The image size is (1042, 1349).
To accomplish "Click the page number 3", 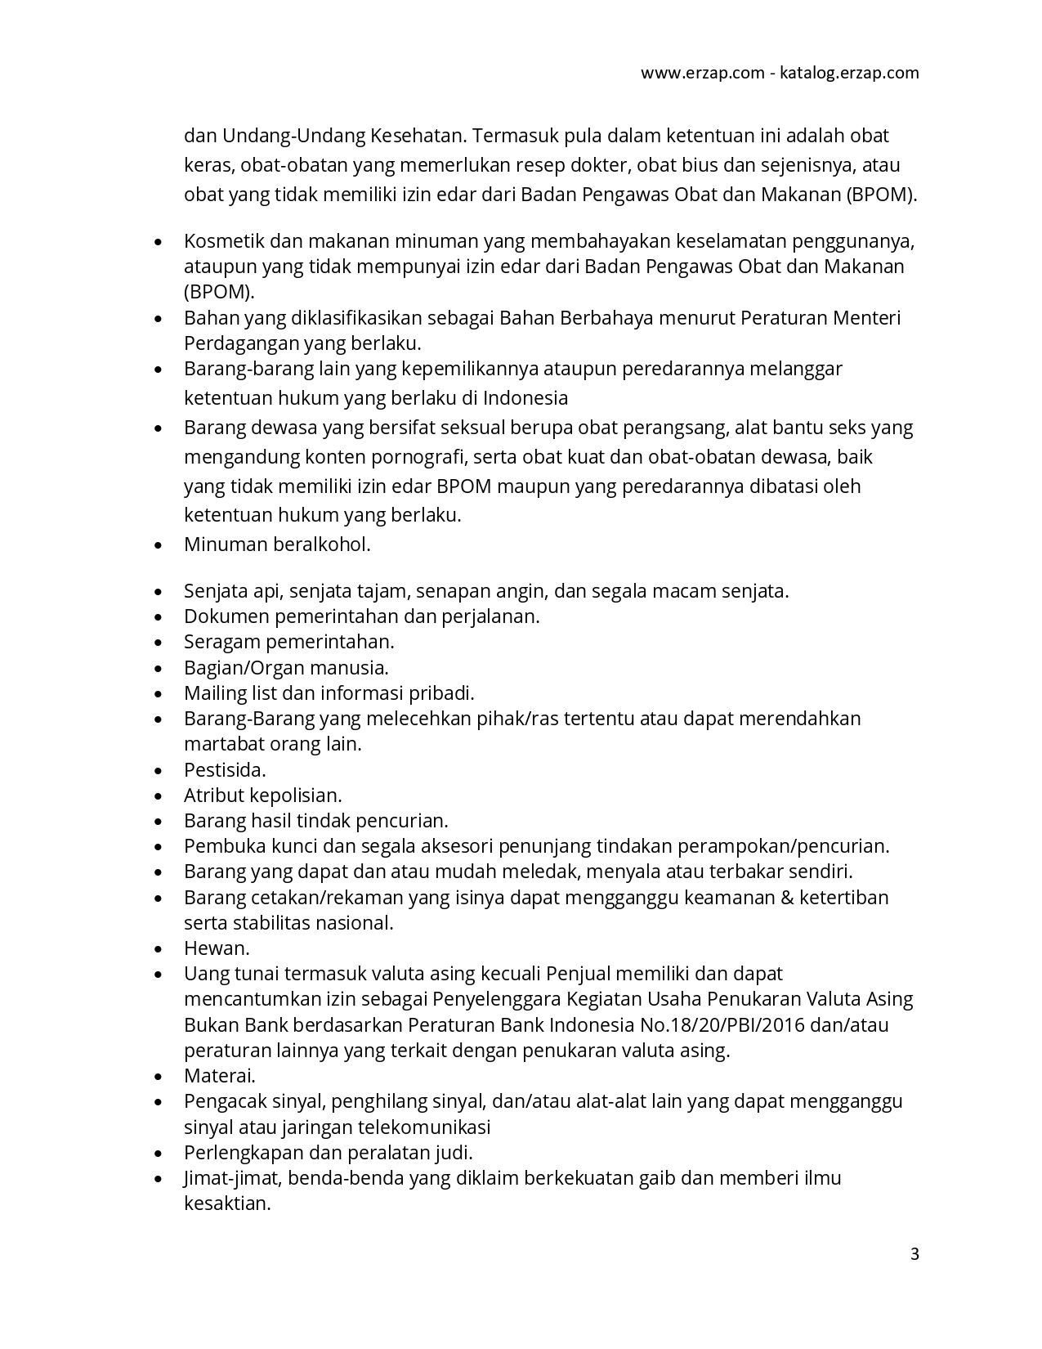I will pyautogui.click(x=915, y=1254).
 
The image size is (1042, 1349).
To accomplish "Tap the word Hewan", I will pyautogui.click(x=217, y=948).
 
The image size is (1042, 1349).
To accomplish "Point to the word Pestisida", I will pyautogui.click(x=225, y=770).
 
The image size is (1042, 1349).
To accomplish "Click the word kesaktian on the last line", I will pyautogui.click(x=227, y=1203).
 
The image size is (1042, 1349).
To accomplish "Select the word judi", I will pyautogui.click(x=456, y=1153).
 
